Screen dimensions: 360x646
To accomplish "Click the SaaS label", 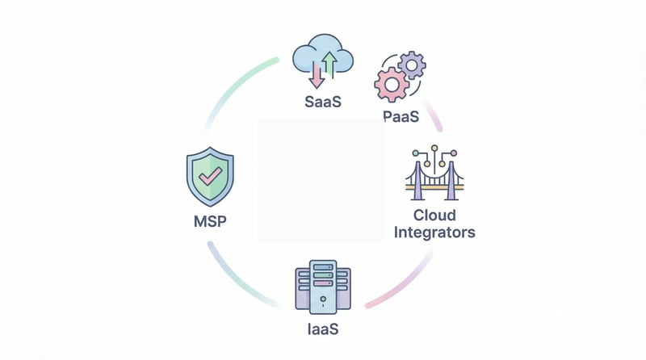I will (322, 103).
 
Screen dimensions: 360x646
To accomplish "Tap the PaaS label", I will (401, 117).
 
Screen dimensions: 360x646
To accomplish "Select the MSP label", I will (209, 220).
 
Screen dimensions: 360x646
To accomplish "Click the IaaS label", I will (322, 330).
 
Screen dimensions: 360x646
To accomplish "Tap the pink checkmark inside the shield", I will (209, 175).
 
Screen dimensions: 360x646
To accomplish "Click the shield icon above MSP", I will (209, 177).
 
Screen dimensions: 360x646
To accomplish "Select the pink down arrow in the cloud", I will (316, 74).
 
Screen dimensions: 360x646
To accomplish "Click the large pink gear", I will (390, 83).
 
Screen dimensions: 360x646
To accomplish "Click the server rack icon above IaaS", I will (322, 287).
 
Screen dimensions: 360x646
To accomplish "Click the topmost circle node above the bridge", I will (435, 149).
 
